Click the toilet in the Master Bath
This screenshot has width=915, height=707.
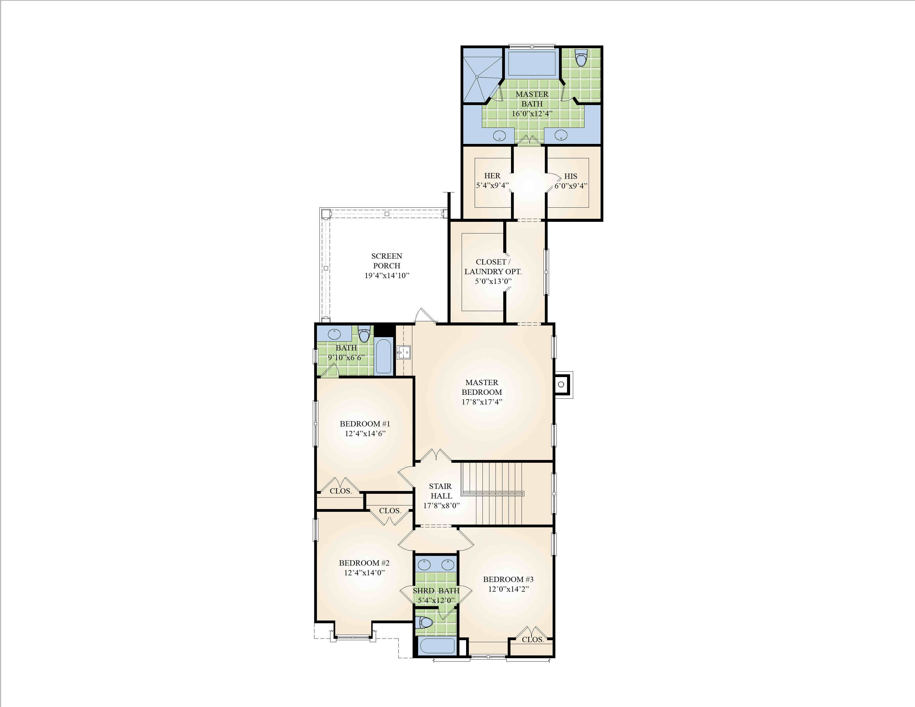[581, 58]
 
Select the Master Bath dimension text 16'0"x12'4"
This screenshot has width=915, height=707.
[532, 113]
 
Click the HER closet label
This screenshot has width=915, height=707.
[492, 176]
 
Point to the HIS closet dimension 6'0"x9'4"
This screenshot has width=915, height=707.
[571, 186]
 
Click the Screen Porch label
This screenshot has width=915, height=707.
[387, 261]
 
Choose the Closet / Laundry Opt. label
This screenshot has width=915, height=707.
[493, 267]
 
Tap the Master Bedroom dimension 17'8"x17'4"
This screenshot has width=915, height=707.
[482, 402]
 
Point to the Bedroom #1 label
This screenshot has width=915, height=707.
[365, 424]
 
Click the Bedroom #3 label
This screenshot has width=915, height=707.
[508, 579]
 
